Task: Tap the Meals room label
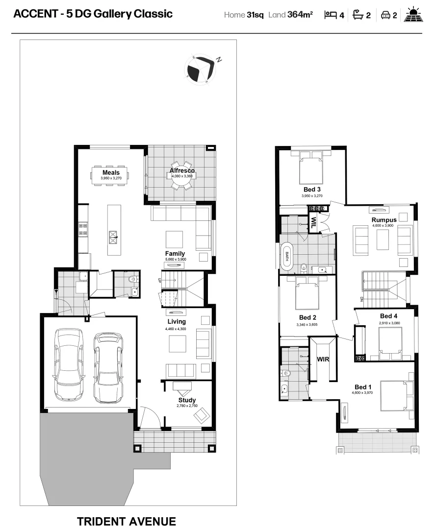click(x=111, y=173)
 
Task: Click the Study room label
click(x=187, y=400)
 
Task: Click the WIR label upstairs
click(x=323, y=359)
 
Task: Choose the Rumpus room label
click(x=384, y=220)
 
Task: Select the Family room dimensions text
click(x=175, y=259)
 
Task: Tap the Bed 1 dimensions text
click(x=362, y=392)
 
